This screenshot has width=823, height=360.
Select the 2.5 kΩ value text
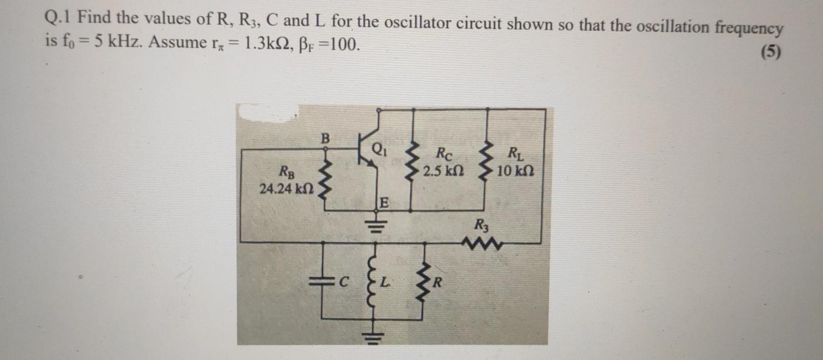tap(443, 170)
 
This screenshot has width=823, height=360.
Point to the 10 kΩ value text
tap(515, 170)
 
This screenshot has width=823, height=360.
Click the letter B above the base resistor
tap(326, 137)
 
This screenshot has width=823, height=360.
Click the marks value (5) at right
tap(770, 52)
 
